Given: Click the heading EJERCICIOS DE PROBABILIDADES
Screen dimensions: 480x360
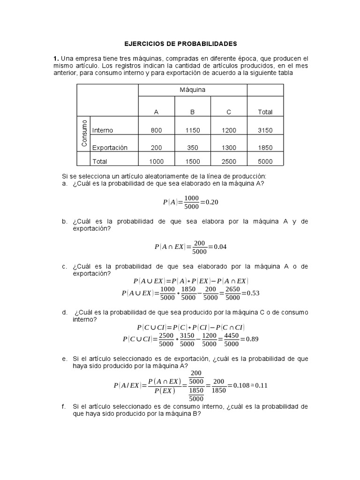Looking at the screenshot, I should pos(180,44).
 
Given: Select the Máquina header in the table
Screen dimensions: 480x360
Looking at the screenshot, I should pos(192,89).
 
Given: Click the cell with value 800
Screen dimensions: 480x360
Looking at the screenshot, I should pos(156,130).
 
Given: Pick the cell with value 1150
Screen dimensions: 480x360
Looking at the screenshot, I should pos(192,130).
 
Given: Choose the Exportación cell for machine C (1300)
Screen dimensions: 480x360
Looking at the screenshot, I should pos(229,148).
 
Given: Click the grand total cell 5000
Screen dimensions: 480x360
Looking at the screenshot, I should pos(265,161).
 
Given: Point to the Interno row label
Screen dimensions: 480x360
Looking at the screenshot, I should pos(103,130).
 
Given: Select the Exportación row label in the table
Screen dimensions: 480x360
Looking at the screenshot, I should pos(110,148).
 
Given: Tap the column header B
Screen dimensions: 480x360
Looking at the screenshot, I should pos(192,112).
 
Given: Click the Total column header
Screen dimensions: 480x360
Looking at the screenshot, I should pos(265,112).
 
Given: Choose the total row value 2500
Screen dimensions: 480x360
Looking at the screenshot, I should pos(229,161).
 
